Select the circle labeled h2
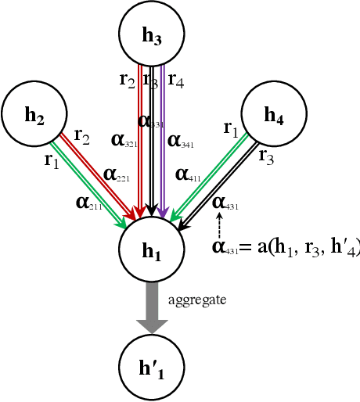click(34, 117)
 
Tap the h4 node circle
click(273, 117)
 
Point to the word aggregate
click(197, 300)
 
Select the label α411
click(189, 174)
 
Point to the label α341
click(182, 141)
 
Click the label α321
click(124, 141)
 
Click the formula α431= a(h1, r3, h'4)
click(286, 248)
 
